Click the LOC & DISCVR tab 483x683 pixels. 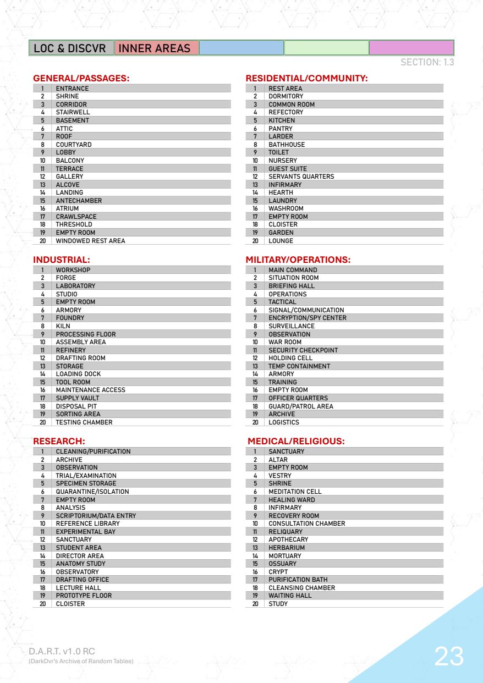pos(71,48)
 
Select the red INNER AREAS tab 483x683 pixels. pos(155,48)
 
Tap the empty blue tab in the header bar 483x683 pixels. pos(241,48)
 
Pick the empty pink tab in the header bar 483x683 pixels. pos(411,48)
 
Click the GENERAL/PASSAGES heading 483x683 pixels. pos(81,79)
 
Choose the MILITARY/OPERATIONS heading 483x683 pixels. pos(298,260)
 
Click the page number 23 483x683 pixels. pos(449,656)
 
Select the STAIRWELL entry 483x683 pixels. pos(73,112)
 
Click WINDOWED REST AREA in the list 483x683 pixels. pos(90,241)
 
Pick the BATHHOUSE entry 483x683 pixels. pos(287,145)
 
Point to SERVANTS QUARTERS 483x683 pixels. pos(301,177)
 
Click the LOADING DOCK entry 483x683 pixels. pos(78,374)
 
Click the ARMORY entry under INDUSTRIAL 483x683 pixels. pos(68,310)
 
